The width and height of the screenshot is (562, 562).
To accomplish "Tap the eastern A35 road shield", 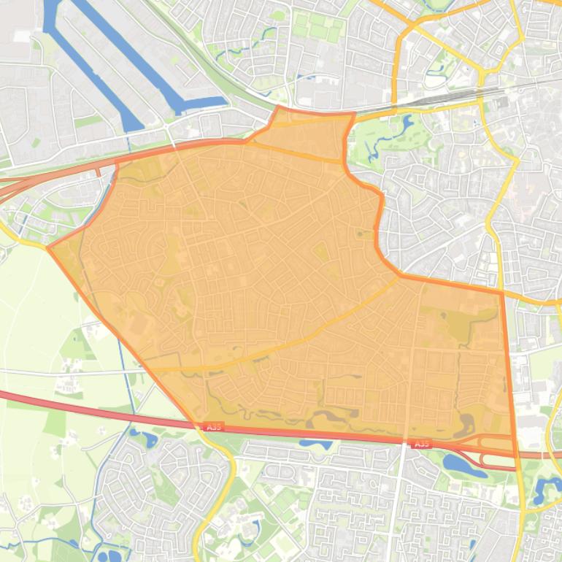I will coord(422,444).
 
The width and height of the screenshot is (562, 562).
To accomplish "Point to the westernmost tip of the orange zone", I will coord(48,247).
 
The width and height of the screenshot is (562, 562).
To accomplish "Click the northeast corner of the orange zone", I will coord(502,293).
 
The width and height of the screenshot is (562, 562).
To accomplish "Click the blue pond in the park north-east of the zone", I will coord(406,124).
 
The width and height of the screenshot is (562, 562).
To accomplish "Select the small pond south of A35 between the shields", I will coord(315,444).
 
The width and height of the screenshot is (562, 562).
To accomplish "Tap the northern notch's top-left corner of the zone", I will coord(278,107).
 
